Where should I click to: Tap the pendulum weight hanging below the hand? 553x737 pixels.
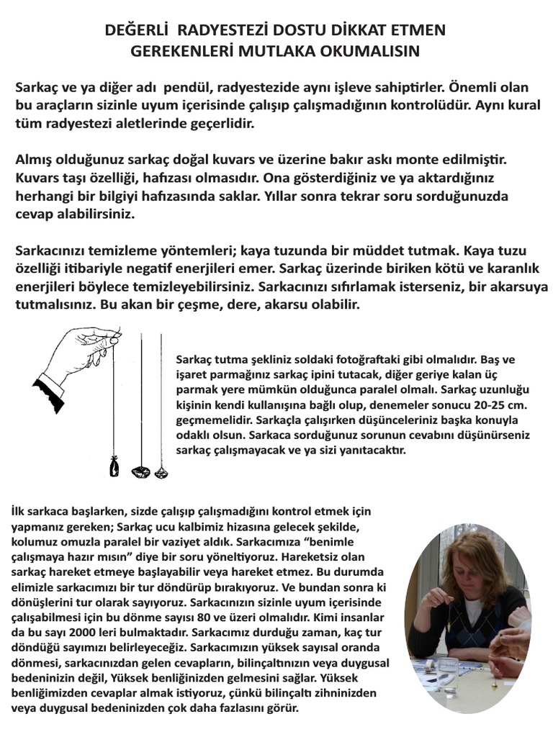coord(112,468)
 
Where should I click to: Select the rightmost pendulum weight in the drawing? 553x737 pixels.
coord(160,471)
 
